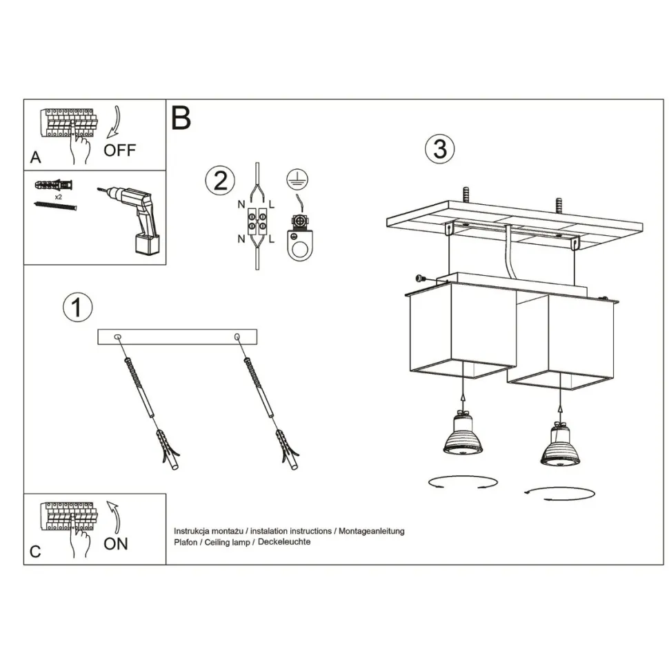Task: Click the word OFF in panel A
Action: click(x=119, y=150)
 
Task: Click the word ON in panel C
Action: click(x=116, y=544)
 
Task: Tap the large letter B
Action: click(x=181, y=118)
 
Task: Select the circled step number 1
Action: click(x=78, y=307)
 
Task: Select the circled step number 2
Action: click(x=220, y=181)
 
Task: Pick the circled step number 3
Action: click(x=440, y=149)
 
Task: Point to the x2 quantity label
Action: click(x=59, y=197)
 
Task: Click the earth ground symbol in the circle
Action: click(x=297, y=179)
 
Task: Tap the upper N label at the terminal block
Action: click(x=241, y=204)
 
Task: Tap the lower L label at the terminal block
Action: click(x=272, y=239)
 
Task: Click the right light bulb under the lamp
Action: click(x=560, y=443)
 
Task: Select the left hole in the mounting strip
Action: click(x=118, y=337)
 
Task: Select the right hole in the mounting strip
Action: click(x=237, y=337)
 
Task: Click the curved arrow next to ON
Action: click(x=116, y=517)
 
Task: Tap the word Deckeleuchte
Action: click(x=284, y=542)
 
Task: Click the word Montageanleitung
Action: click(x=372, y=531)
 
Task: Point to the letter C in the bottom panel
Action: click(x=35, y=552)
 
